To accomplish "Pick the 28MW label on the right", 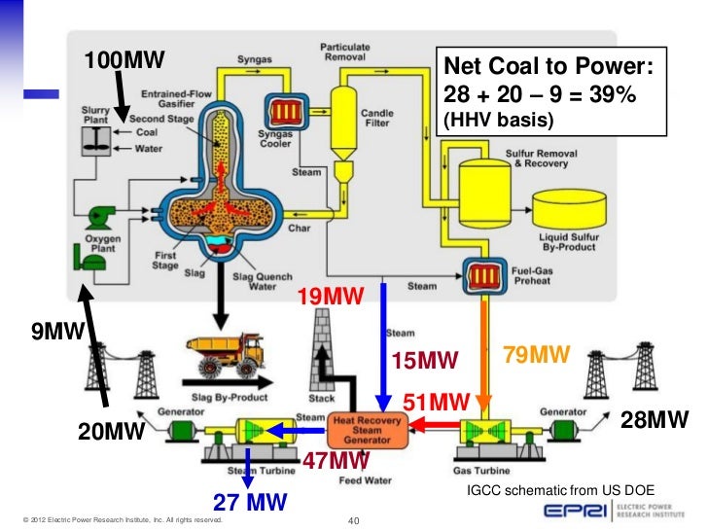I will click(655, 420).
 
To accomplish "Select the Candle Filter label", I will click(378, 118).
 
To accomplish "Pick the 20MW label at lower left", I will click(111, 432).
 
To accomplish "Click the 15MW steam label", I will click(423, 363).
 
